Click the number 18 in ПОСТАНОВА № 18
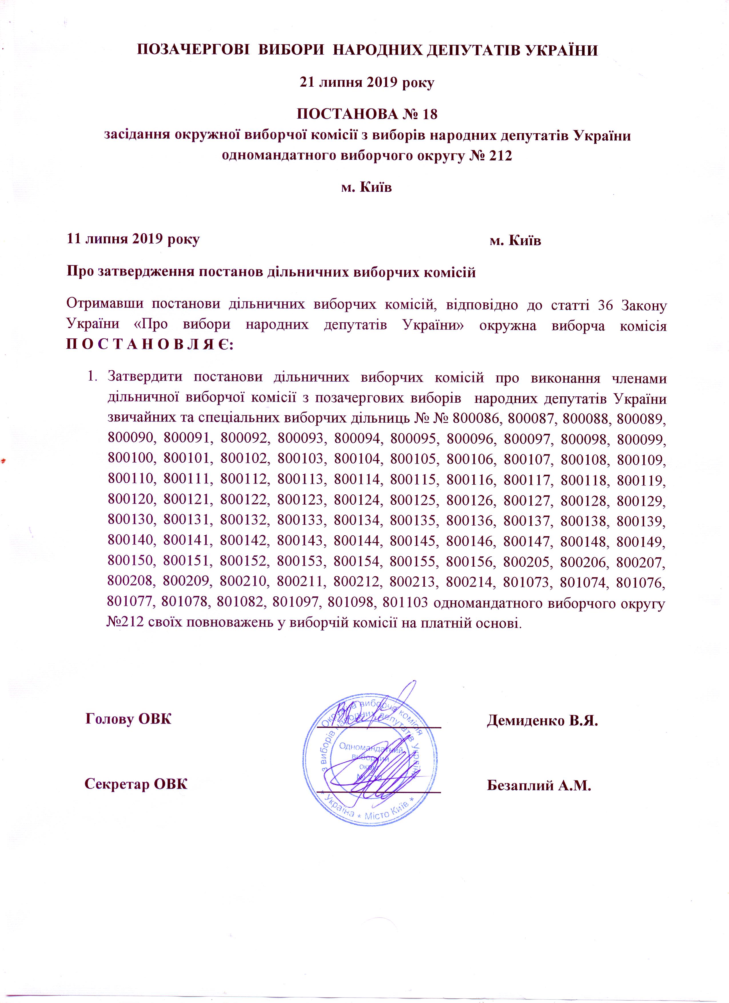429,115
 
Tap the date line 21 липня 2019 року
367,83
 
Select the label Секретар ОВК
136,784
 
